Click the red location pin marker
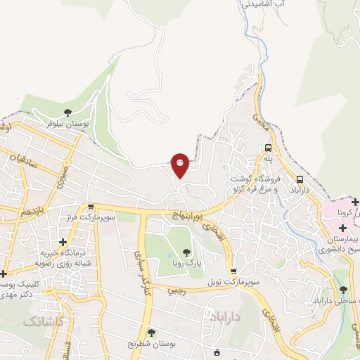click(x=180, y=164)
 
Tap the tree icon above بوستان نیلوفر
click(x=67, y=112)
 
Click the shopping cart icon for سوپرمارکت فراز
click(x=91, y=207)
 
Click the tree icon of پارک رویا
click(x=186, y=252)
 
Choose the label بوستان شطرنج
click(x=152, y=343)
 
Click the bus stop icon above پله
click(x=268, y=148)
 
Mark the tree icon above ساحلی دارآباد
click(x=343, y=290)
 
